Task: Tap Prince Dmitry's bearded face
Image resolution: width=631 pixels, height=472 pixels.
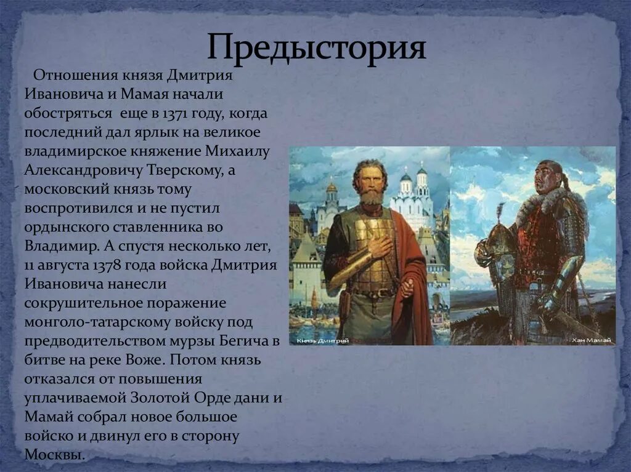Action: click(371, 182)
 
